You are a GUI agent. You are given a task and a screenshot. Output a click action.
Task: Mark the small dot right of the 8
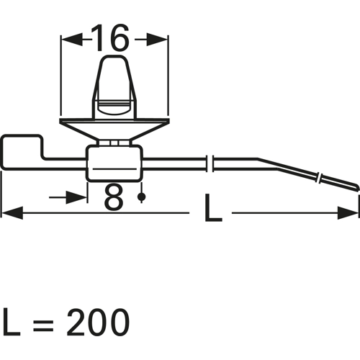(x=143, y=197)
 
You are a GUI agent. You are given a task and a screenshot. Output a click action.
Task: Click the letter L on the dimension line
(x=210, y=211)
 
